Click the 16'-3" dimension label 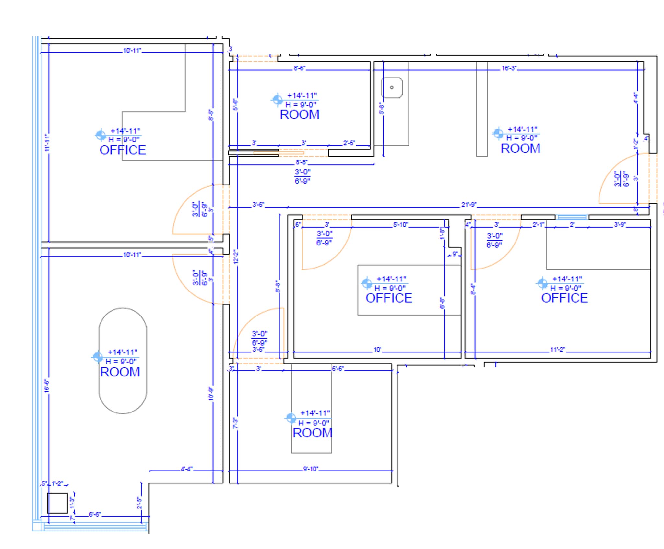(509, 68)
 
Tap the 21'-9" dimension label (468, 205)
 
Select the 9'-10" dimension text (310, 469)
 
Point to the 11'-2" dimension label (557, 350)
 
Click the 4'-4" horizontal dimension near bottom (186, 469)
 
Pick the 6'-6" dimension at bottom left (95, 515)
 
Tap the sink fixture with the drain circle (392, 88)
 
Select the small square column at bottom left (57, 503)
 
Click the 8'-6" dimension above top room (299, 68)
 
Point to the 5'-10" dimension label (400, 225)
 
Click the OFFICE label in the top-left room (123, 150)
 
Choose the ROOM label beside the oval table (120, 372)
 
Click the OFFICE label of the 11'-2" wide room (564, 298)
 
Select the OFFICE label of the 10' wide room (389, 298)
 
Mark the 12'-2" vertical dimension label (236, 256)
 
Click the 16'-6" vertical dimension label (47, 386)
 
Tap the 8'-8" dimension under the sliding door (301, 162)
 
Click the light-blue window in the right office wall (572, 217)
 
